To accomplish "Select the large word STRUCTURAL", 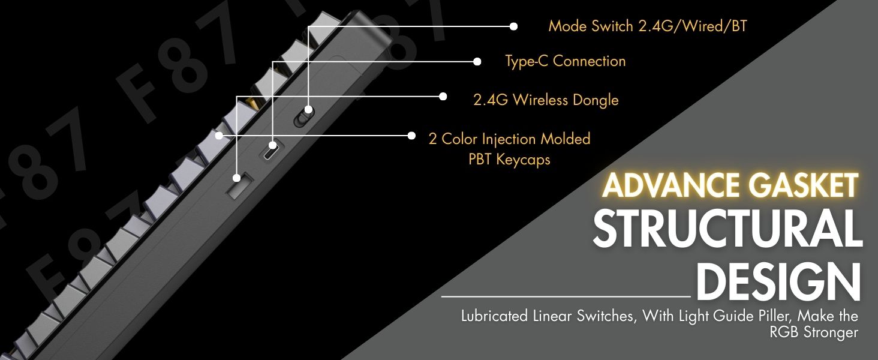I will click(727, 230).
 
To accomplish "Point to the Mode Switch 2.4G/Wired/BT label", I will click(648, 26).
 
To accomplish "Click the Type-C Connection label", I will click(565, 61).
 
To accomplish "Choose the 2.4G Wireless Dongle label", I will click(546, 100).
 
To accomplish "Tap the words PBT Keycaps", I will click(509, 160).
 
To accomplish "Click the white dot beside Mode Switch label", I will click(513, 26).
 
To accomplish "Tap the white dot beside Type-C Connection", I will click(477, 61).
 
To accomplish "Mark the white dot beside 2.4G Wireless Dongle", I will click(443, 96).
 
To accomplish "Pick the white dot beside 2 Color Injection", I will click(411, 136).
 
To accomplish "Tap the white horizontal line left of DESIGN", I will click(566, 296).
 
